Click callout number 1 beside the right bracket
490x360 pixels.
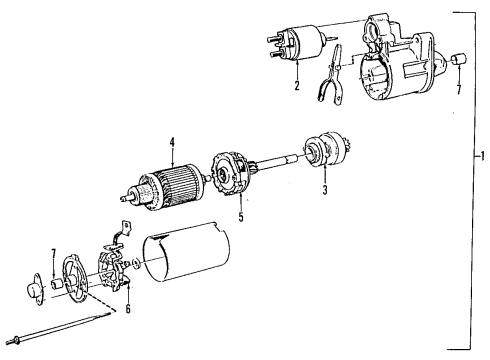tap(482, 156)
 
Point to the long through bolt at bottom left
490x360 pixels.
tap(50, 341)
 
